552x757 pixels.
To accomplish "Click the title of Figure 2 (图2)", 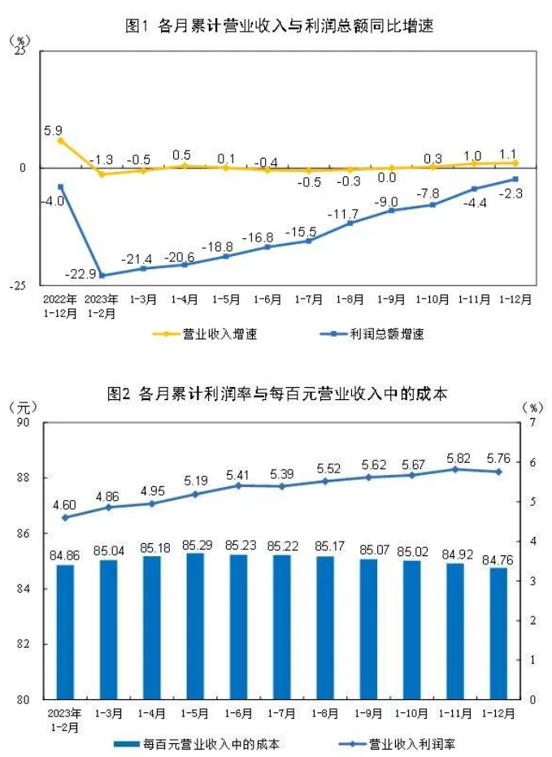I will click(x=277, y=394).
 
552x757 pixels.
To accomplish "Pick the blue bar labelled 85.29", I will click(x=195, y=626).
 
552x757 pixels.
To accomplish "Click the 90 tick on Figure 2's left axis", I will click(x=22, y=423).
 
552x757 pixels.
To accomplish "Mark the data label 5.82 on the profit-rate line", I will click(x=454, y=458).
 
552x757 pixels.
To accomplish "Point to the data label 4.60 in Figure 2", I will click(x=65, y=505).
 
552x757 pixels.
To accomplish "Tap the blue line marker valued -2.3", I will click(x=515, y=179).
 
